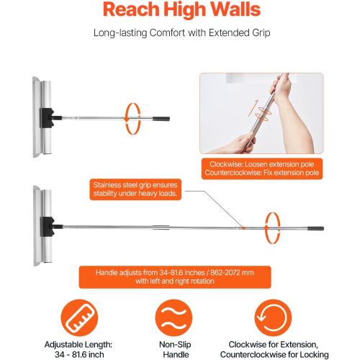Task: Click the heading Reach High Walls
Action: coord(180,11)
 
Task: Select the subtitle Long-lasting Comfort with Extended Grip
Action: coord(180,33)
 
